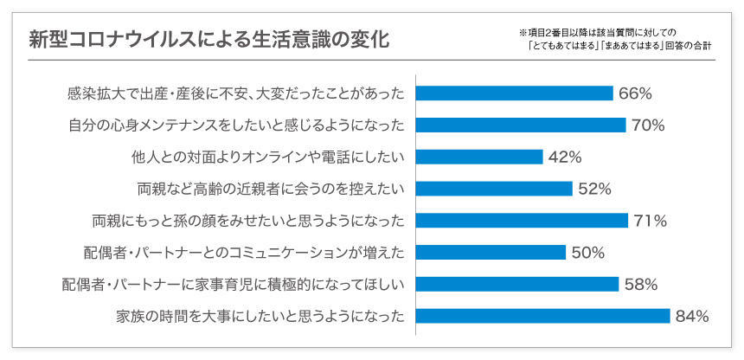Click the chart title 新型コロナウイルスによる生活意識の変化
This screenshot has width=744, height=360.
pos(209,40)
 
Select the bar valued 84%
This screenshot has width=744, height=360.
pos(542,316)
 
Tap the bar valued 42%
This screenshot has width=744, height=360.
pos(479,157)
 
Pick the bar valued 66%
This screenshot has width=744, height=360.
pos(514,93)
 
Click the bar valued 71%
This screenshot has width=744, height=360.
pos(522,221)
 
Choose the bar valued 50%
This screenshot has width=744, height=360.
pos(491,252)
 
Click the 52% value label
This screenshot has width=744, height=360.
pos(594,189)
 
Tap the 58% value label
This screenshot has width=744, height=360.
pos(641,284)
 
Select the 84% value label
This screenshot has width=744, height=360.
pos(692,316)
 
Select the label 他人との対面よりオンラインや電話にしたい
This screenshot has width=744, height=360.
pos(266,157)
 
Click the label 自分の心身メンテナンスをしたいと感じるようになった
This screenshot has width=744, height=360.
pos(236,125)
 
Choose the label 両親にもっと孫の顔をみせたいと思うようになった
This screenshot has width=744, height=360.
pos(248,221)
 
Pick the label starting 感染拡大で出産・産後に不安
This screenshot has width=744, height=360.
pos(235,93)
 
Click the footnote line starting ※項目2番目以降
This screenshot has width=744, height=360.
pos(603,32)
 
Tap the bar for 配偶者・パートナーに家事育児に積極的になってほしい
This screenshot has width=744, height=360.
pos(516,284)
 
